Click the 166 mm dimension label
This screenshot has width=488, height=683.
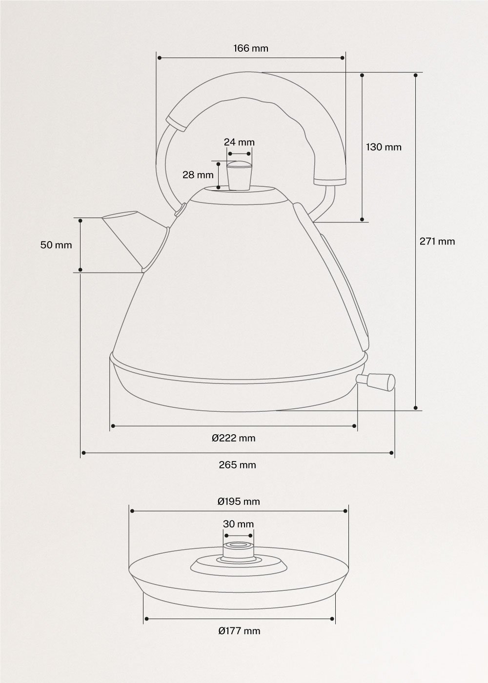[250, 48]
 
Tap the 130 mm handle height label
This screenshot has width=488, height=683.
[384, 147]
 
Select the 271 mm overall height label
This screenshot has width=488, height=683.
[437, 241]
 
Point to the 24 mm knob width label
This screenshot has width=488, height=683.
[239, 142]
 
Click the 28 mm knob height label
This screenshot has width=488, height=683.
[198, 174]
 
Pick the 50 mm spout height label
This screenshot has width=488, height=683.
[56, 245]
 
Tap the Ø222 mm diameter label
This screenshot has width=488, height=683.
[233, 438]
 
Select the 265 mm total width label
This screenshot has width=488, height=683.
[237, 464]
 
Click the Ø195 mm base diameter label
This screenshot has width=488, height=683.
[238, 501]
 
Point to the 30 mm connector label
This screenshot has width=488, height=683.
[238, 524]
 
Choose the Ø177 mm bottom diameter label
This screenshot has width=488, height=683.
[239, 631]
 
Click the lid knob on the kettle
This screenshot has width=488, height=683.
[239, 176]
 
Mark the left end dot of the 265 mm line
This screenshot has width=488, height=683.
[84, 453]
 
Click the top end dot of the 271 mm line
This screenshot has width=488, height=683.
[415, 75]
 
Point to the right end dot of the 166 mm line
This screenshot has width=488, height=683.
[342, 58]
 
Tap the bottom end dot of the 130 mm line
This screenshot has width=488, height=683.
[363, 219]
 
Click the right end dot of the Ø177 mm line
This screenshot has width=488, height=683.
[332, 619]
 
